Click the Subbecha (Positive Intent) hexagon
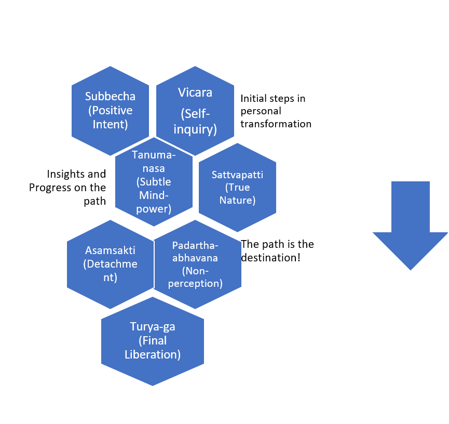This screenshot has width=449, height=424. coord(110,111)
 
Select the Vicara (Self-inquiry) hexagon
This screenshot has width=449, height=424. coord(195,111)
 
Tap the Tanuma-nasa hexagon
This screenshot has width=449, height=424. coord(152,182)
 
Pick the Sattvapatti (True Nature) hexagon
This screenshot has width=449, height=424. coord(237,188)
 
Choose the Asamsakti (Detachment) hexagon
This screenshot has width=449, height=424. coord(111,264)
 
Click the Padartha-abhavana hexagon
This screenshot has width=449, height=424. coord(198,264)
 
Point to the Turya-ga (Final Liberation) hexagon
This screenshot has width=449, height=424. coord(153,341)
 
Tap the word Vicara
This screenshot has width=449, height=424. coord(195,92)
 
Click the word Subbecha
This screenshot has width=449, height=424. coord(110,97)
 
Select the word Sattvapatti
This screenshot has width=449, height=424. coord(237,175)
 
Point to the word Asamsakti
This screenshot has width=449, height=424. coord(111,250)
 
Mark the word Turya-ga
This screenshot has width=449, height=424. coord(153,327)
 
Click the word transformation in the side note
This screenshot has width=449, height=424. coord(276,124)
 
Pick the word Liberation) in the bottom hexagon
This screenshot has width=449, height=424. coord(153,355)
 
